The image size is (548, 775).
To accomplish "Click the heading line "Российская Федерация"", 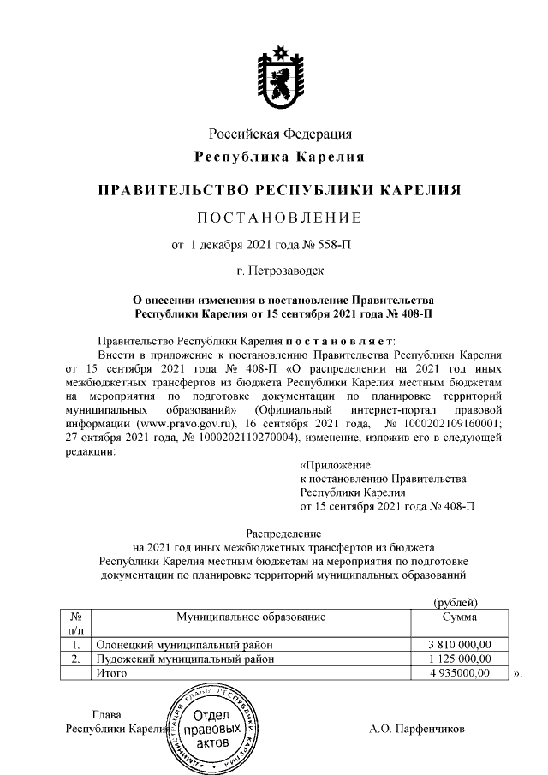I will tap(280, 134).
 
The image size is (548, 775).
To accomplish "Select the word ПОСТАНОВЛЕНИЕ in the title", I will tap(280, 216).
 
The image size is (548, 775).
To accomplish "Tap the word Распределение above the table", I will tap(280, 533).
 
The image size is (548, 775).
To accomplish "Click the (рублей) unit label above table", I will tap(456, 603).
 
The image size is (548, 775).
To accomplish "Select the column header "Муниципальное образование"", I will tap(251, 617).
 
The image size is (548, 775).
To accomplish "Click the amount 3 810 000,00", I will tap(460, 645).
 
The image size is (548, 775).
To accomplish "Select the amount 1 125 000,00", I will tap(460, 659).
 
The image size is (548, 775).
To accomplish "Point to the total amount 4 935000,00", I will tap(460, 674).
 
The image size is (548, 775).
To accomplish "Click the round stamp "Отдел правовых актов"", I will tap(211, 727).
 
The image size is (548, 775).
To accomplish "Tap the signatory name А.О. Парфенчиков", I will tap(416, 730).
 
